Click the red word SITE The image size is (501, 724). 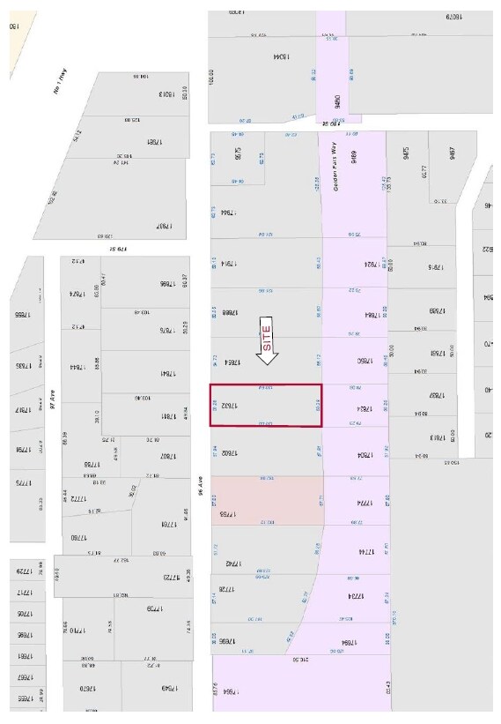tap(267, 334)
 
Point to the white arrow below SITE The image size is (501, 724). tap(267, 354)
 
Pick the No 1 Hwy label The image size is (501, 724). tap(61, 85)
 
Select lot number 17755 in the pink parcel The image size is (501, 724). tap(226, 513)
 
